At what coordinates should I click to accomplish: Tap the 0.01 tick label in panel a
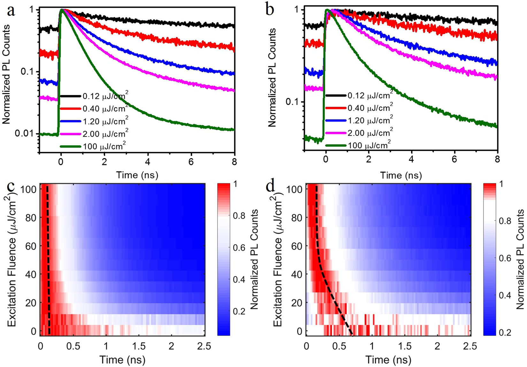click(x=24, y=133)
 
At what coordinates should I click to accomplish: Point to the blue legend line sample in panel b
click(x=335, y=121)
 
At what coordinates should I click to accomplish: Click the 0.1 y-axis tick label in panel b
click(x=294, y=102)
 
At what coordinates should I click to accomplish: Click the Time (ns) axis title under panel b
click(x=401, y=175)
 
